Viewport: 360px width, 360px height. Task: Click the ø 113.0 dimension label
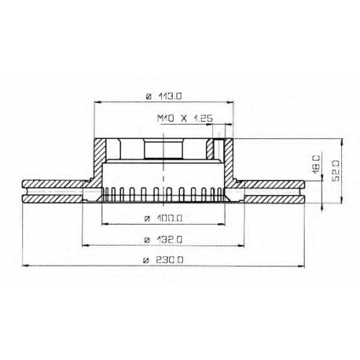164,96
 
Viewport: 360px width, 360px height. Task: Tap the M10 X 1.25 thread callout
185,119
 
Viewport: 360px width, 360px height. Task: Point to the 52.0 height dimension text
336,171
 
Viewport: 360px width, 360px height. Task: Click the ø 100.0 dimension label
163,218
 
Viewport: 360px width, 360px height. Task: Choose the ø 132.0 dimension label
163,240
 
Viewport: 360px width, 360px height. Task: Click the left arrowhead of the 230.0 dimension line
24,266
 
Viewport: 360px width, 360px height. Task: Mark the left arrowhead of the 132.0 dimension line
85,246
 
